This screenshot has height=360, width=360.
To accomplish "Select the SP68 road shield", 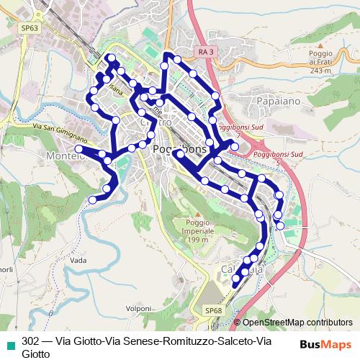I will click(212, 310).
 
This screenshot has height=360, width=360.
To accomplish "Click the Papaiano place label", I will click(274, 102).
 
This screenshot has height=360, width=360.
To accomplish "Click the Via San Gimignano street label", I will click(60, 131).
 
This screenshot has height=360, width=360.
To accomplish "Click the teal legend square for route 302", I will click(8, 342).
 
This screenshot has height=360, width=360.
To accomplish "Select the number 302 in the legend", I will click(30, 342).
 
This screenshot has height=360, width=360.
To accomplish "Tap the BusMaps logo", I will click(326, 345).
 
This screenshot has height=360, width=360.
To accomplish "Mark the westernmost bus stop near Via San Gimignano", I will click(78, 148).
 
